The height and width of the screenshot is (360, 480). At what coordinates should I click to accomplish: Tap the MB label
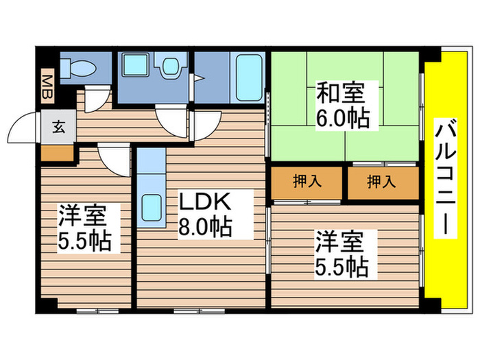pos(47,86)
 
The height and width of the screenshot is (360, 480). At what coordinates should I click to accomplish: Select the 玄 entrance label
pos(58,127)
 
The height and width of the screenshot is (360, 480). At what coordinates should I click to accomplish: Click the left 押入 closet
pos(305,182)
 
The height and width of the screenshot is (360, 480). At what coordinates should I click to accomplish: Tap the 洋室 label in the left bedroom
pos(81,216)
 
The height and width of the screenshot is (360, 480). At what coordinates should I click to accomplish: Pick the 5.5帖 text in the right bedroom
pos(341,266)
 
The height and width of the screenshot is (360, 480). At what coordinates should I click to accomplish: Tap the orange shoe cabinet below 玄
pos(56,152)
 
